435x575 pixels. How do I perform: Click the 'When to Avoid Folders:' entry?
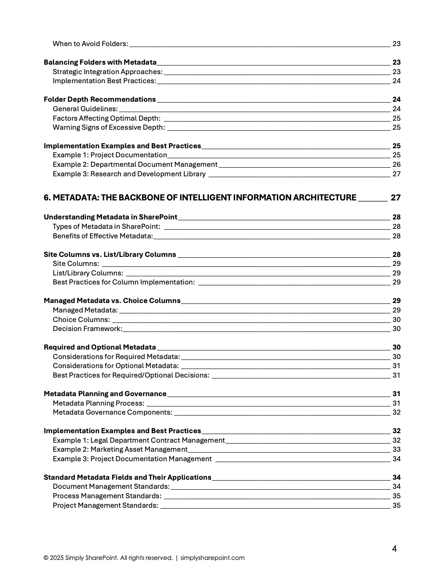click(90, 44)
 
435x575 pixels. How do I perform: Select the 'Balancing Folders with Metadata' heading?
click(100, 62)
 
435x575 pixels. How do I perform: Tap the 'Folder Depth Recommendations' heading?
click(99, 100)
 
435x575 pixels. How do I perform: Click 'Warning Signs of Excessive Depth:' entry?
click(109, 128)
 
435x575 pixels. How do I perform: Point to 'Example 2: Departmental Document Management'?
click(135, 165)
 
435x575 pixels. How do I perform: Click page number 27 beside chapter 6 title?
click(395, 198)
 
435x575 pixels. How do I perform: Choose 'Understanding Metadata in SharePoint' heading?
click(110, 217)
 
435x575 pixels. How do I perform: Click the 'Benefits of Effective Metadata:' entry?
click(103, 236)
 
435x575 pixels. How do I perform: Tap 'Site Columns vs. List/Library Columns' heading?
click(110, 255)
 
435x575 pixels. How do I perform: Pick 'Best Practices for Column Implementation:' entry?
click(124, 282)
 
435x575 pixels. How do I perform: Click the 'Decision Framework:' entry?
click(87, 329)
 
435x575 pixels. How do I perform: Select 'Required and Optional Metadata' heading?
click(99, 347)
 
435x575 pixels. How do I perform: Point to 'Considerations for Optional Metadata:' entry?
click(115, 366)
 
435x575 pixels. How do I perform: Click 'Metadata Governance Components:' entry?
click(112, 412)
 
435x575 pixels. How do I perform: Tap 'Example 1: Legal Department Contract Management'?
click(139, 441)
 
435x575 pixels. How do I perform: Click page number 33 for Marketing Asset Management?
click(396, 450)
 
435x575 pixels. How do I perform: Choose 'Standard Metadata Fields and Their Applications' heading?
click(127, 478)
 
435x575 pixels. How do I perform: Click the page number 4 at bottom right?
click(394, 549)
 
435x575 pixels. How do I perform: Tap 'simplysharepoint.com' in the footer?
click(212, 558)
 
